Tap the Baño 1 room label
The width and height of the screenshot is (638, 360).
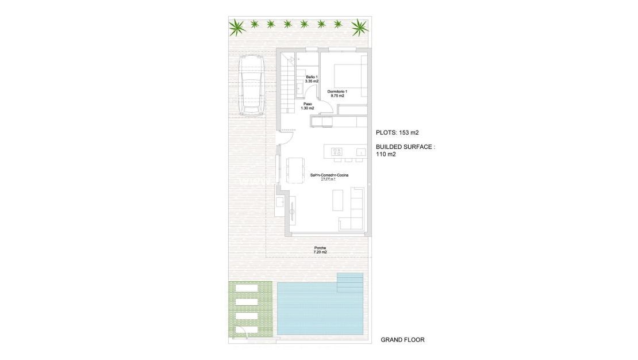tap(312, 79)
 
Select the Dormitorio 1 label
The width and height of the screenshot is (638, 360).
tap(337, 93)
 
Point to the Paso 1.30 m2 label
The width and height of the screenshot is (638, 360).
tap(308, 106)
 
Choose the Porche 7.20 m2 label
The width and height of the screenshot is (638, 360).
tap(320, 250)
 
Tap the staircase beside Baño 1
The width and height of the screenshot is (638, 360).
tap(289, 86)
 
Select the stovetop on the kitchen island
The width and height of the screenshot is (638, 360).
tap(337, 152)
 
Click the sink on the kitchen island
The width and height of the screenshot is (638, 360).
tap(360, 152)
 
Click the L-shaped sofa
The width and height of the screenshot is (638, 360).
tap(354, 210)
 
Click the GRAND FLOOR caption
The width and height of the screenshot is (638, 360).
tap(402, 340)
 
